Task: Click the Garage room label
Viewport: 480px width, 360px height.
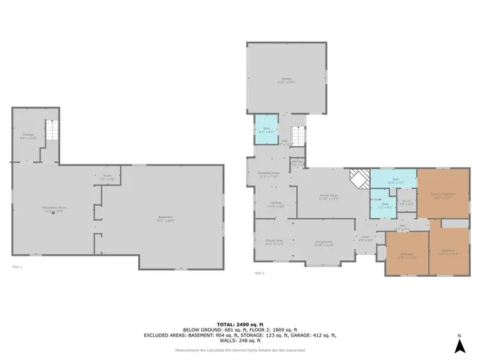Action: (286, 79)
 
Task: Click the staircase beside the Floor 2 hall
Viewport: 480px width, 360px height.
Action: (298, 136)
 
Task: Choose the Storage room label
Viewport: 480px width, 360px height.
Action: (28, 136)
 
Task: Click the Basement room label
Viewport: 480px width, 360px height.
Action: (165, 219)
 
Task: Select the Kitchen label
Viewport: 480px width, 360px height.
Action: (276, 204)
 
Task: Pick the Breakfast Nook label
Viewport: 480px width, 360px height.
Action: (268, 175)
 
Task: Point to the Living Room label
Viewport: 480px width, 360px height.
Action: (323, 242)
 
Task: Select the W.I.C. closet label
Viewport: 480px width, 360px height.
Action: (406, 202)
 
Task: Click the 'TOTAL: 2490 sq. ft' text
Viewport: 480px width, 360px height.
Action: (239, 320)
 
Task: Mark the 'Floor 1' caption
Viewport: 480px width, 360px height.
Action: (17, 266)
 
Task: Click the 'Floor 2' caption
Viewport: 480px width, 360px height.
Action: (259, 273)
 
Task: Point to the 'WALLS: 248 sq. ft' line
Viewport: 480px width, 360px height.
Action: (239, 341)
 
